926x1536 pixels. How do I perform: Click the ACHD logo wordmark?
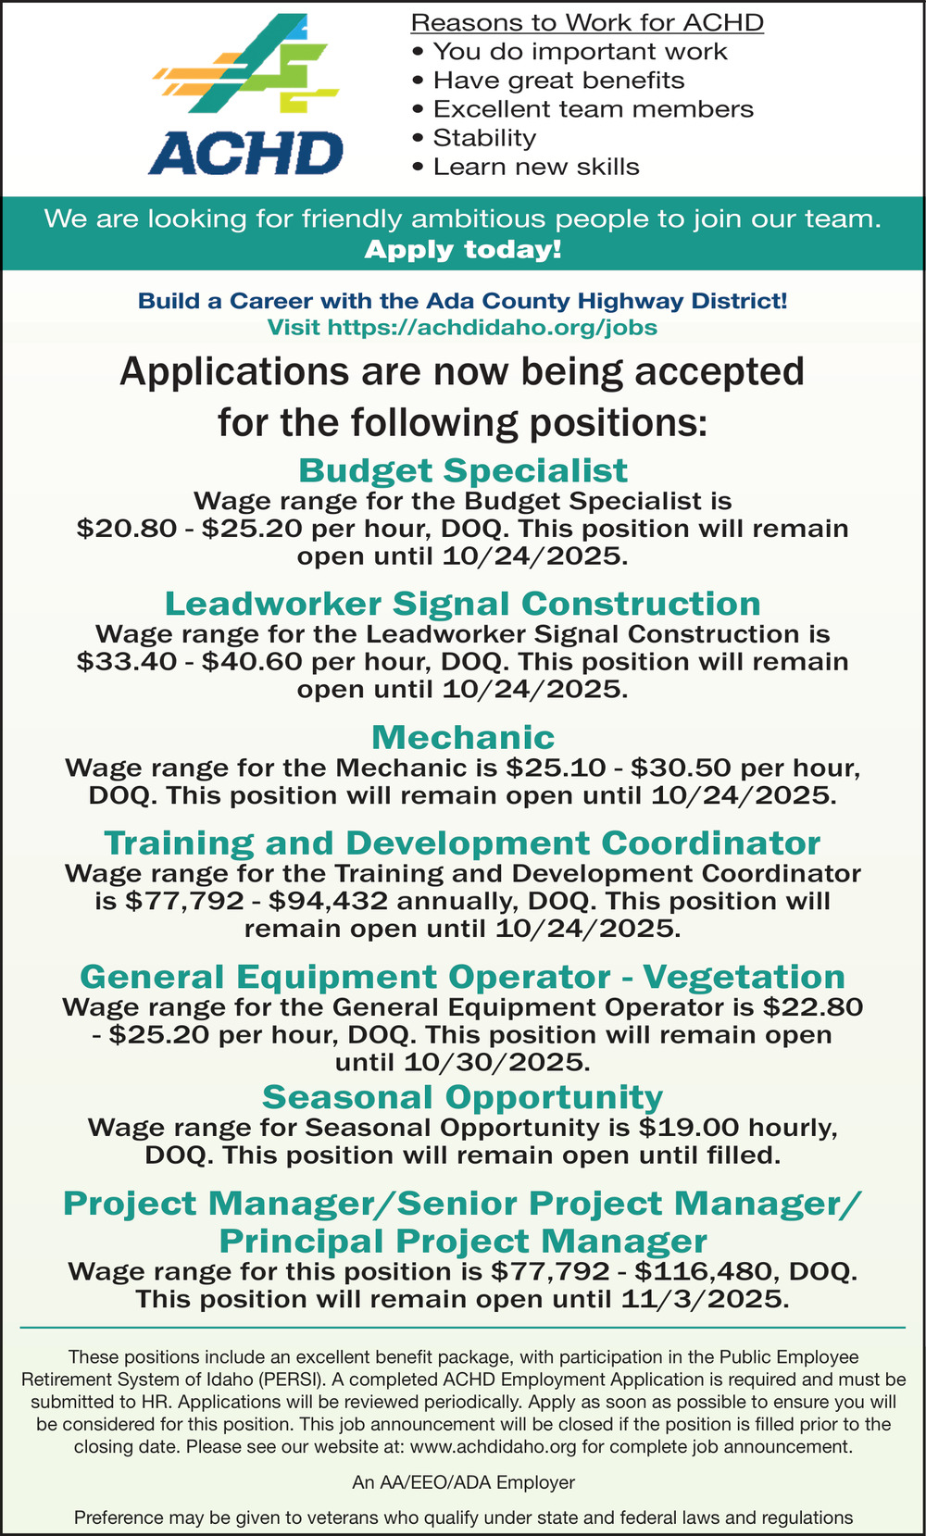(x=245, y=154)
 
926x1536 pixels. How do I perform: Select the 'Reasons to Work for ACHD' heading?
(x=587, y=22)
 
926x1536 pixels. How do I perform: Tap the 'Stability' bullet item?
(x=484, y=138)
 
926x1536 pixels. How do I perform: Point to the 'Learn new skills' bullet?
(x=536, y=167)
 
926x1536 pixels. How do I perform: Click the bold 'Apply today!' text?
(x=463, y=250)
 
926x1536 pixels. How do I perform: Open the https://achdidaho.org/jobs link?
(x=493, y=327)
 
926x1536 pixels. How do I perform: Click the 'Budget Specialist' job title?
(x=463, y=470)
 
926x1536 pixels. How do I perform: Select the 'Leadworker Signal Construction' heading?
(x=463, y=604)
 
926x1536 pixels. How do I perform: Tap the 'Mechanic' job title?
(x=463, y=737)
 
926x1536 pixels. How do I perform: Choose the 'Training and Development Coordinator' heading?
(x=463, y=843)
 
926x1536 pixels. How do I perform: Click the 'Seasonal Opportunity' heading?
(x=463, y=1097)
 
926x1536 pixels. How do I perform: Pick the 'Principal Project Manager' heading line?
(x=463, y=1241)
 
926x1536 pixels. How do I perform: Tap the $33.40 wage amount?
(x=116, y=662)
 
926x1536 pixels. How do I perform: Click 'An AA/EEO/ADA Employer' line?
(x=463, y=1482)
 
